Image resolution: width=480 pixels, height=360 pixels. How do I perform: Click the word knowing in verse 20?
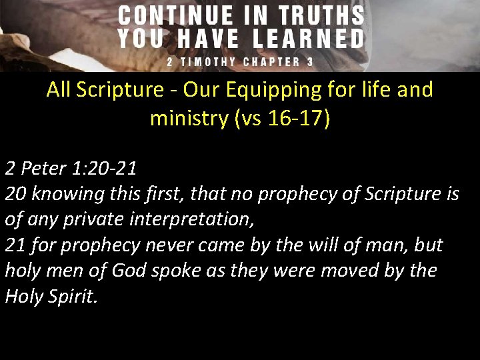[x=63, y=193]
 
